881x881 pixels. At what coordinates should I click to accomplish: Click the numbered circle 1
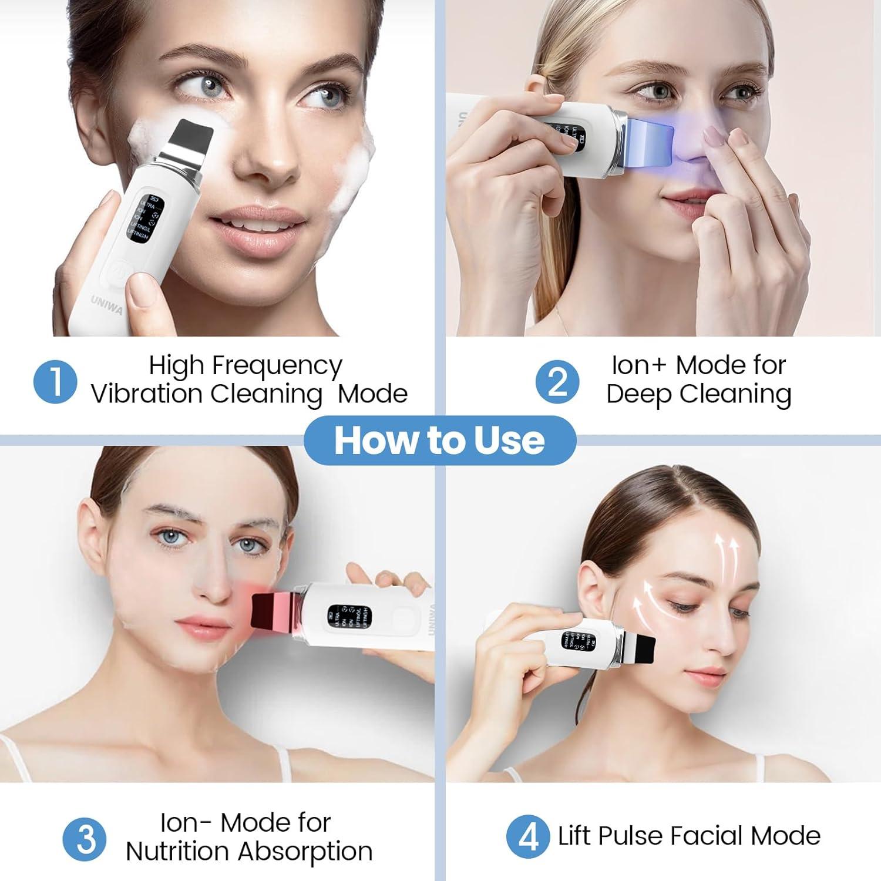pos(56,382)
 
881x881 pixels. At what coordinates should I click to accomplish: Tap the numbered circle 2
pos(557,382)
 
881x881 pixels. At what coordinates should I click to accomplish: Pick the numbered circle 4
pos(529,838)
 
